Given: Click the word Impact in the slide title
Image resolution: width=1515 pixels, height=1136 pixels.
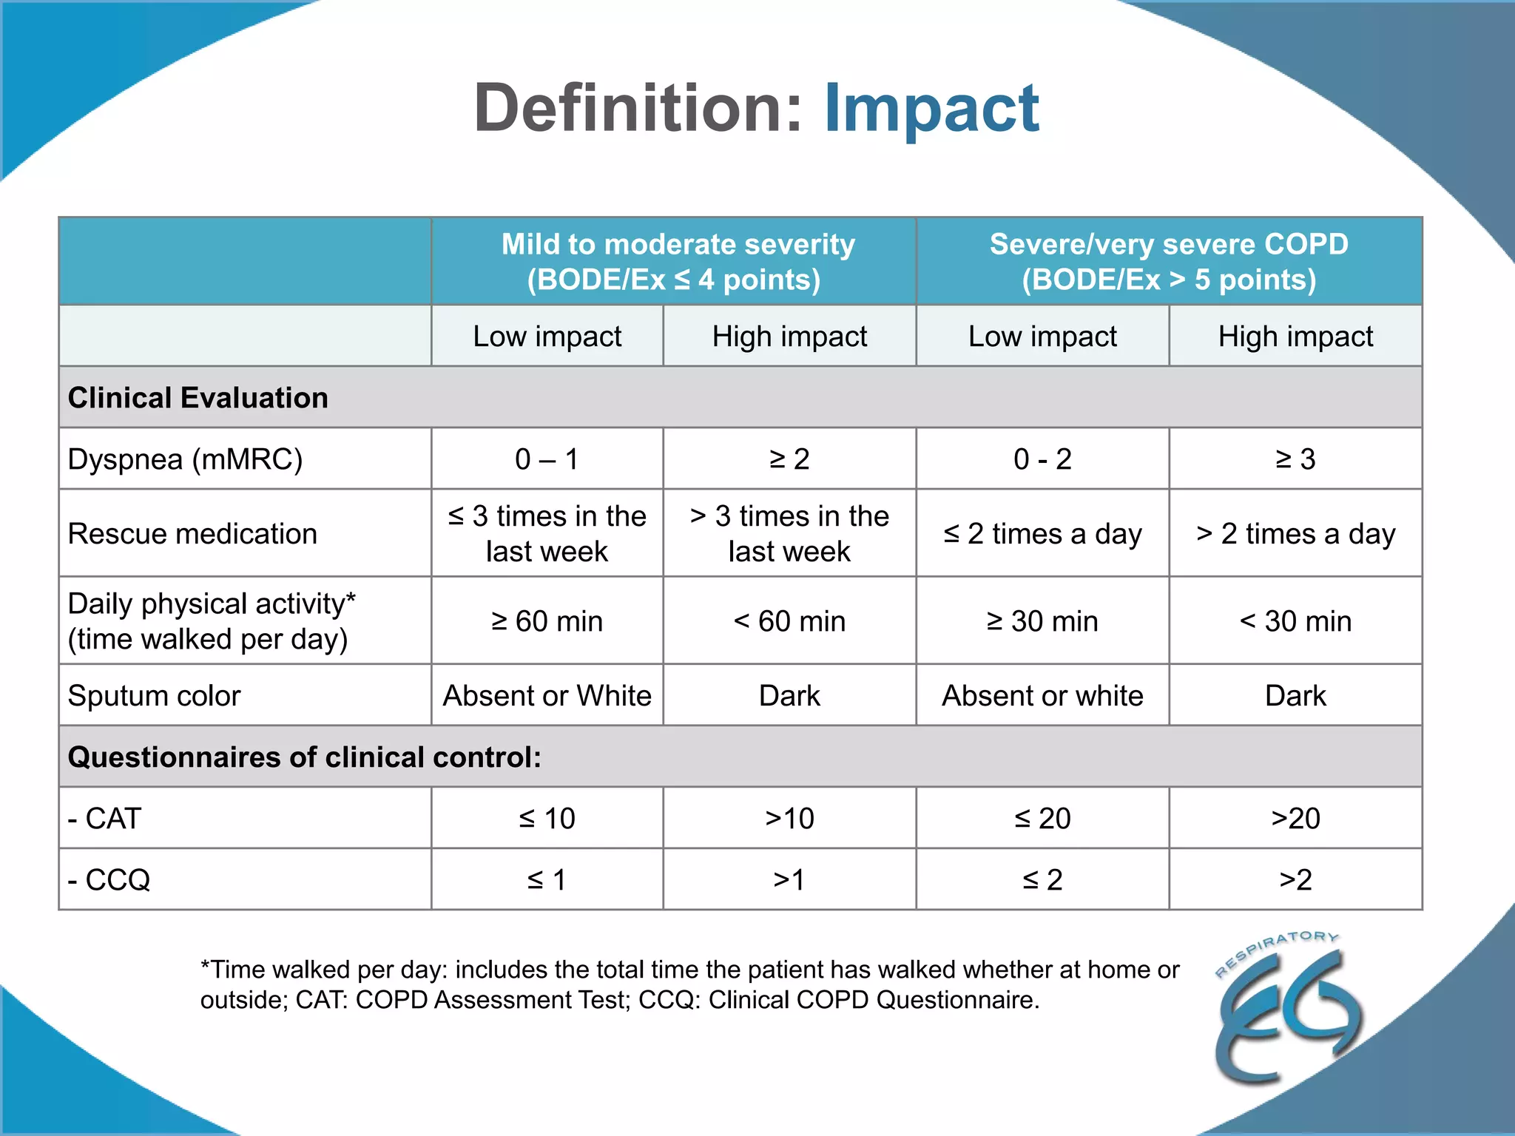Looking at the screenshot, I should click(931, 109).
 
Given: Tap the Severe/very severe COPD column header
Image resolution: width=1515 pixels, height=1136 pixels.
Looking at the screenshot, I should click(1169, 262).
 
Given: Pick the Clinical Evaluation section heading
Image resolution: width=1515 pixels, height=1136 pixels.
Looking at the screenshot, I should click(198, 398).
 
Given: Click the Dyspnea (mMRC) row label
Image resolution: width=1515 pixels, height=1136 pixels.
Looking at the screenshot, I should click(186, 459).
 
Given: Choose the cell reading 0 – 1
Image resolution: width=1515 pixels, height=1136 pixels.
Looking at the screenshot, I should click(547, 459).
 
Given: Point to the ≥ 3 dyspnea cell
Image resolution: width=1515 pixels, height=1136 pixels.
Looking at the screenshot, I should click(1295, 459).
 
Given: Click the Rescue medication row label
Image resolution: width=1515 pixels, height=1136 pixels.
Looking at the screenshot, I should click(192, 534).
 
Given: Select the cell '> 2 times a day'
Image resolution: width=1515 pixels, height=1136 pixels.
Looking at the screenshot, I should click(1295, 534).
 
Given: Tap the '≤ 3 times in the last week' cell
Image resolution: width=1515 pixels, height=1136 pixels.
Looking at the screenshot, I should click(547, 534).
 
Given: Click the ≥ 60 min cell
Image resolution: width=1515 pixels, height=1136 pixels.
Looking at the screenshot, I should click(547, 621).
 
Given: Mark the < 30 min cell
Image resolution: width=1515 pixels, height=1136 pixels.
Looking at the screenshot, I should click(1295, 621).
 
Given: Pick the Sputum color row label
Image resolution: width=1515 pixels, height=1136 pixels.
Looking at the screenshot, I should click(155, 696).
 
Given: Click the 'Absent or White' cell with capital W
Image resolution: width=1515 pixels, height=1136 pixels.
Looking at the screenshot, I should click(547, 696).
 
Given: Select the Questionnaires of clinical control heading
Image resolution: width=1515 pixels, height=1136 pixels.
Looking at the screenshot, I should click(305, 757).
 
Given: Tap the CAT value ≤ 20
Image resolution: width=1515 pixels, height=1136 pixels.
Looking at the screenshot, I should click(1042, 819).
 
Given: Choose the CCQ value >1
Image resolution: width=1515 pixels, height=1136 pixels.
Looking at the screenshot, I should click(789, 880).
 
